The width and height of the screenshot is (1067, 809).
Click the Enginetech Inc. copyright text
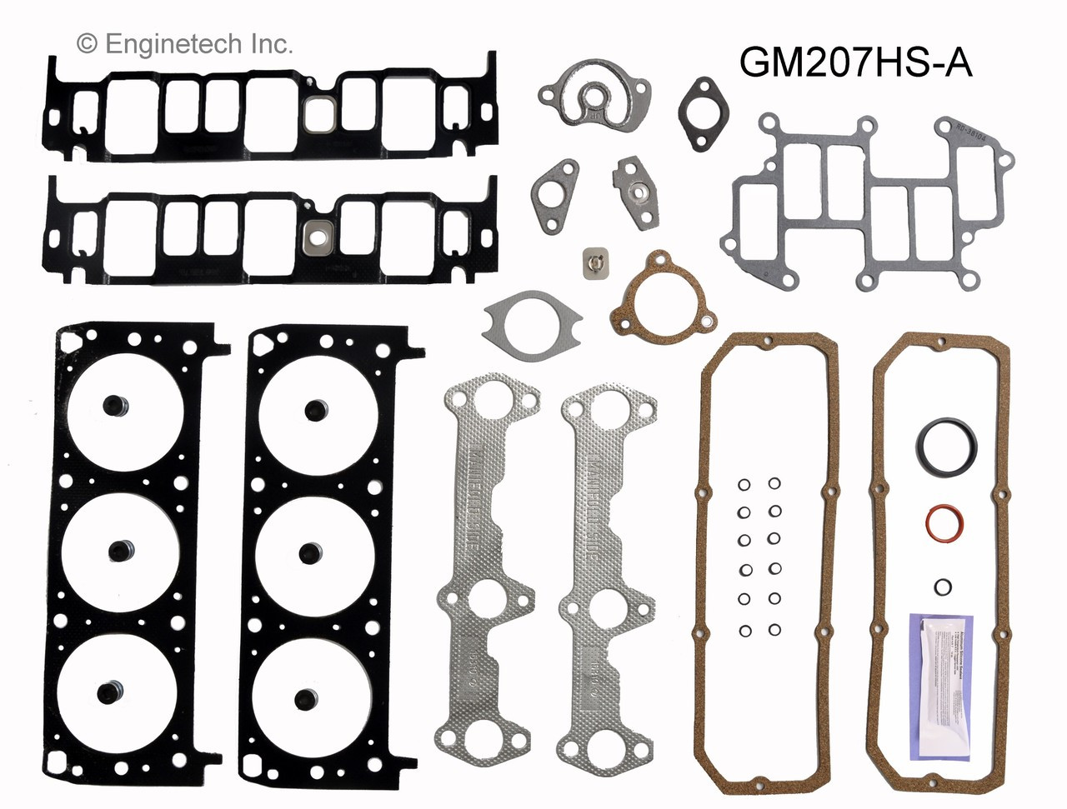click(x=185, y=43)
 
